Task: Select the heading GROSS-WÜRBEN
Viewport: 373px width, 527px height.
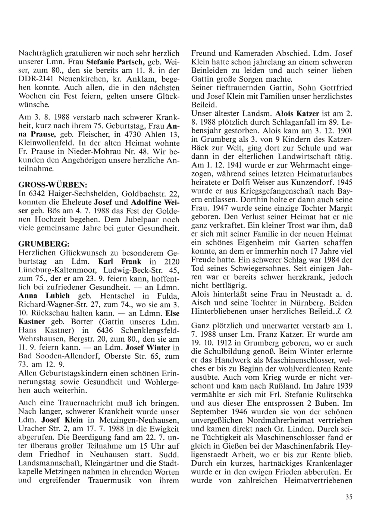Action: tap(53, 185)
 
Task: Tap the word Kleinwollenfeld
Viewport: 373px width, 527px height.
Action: tap(46, 143)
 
